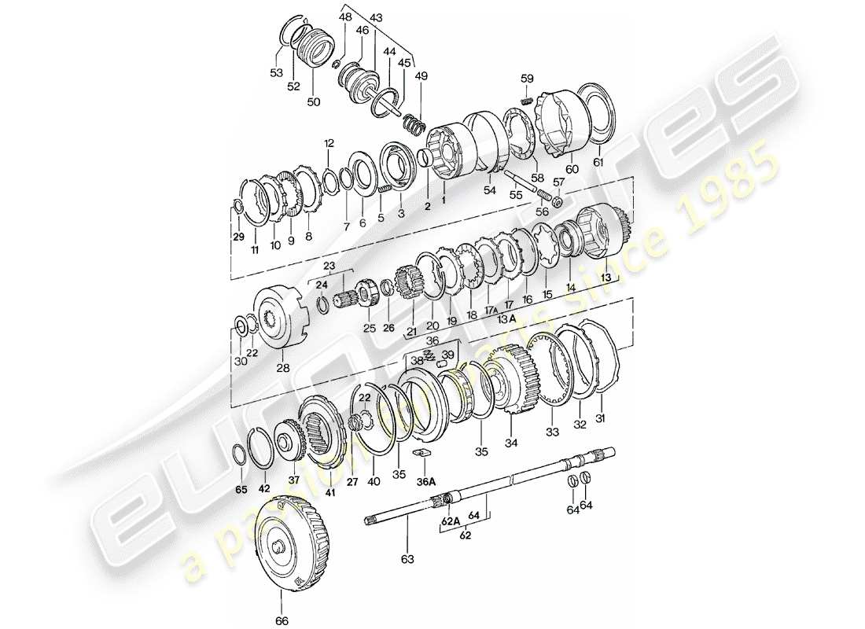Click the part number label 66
pos(282,621)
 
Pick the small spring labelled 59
pos(528,98)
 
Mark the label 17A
pos(493,309)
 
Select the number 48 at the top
pos(346,16)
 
